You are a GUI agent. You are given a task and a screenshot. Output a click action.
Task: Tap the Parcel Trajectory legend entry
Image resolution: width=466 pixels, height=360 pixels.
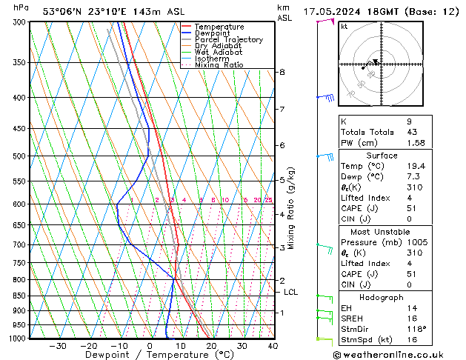point(228,40)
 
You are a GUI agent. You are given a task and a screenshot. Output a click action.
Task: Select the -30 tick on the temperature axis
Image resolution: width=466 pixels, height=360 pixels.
point(58,346)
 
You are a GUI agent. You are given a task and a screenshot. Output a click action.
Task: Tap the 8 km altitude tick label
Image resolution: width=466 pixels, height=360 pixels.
point(282,72)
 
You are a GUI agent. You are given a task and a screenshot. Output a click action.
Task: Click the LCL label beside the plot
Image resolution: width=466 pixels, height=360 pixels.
point(291,293)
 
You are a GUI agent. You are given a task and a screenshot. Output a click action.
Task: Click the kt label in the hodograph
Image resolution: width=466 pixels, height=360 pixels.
point(344,27)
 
